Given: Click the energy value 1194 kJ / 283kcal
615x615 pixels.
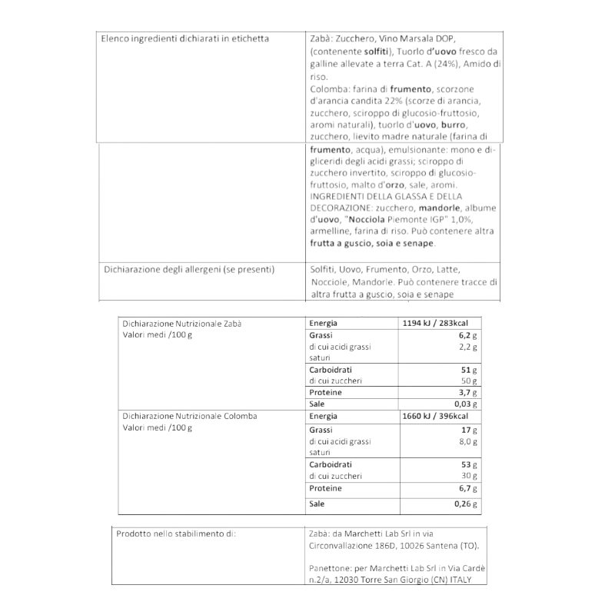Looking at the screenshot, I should coord(435,324).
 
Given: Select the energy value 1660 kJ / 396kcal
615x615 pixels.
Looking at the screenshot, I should coord(435,417).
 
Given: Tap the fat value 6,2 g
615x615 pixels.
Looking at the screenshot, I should coord(469,336).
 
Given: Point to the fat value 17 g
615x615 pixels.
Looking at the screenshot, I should coord(470,429).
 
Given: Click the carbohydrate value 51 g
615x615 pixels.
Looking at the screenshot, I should coord(470,371).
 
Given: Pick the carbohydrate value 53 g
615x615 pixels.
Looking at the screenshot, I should coord(470,465).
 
